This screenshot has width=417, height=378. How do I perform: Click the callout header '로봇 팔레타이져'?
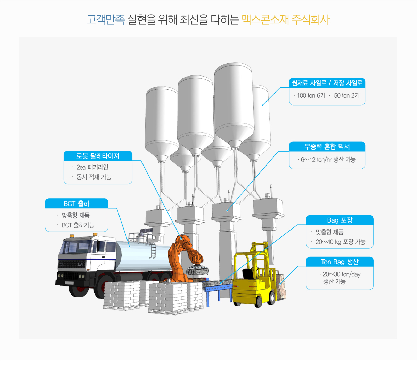tap(98, 156)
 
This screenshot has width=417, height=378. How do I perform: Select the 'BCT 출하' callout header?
tap(76, 203)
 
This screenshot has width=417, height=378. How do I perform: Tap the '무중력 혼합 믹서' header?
tap(327, 146)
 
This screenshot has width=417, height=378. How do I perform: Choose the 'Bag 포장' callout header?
tap(340, 220)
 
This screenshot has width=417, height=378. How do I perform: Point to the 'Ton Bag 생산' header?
tap(340, 262)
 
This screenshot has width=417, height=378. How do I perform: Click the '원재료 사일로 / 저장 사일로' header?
tap(327, 83)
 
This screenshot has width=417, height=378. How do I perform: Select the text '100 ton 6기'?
tap(311, 96)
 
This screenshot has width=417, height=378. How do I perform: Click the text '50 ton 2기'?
tap(347, 96)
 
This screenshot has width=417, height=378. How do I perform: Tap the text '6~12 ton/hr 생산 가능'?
tap(328, 160)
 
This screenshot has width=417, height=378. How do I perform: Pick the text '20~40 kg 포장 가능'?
tap(340, 242)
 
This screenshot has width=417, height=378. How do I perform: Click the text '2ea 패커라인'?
tap(92, 167)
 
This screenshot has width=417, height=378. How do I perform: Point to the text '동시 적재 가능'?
tap(94, 177)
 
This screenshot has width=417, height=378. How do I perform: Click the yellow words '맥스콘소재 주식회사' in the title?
tap(286, 19)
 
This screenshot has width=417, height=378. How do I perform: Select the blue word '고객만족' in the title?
tap(106, 19)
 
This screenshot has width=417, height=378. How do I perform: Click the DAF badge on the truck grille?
tap(81, 264)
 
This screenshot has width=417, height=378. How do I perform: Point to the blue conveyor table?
tap(218, 290)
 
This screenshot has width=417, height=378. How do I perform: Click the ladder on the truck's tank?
tap(153, 250)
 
